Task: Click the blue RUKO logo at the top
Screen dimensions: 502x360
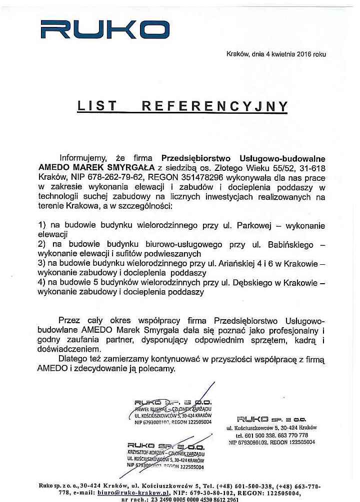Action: pos(98,29)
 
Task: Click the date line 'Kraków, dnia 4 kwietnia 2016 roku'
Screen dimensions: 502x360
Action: pos(276,54)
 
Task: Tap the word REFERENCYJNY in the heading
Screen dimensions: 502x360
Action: pos(215,106)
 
